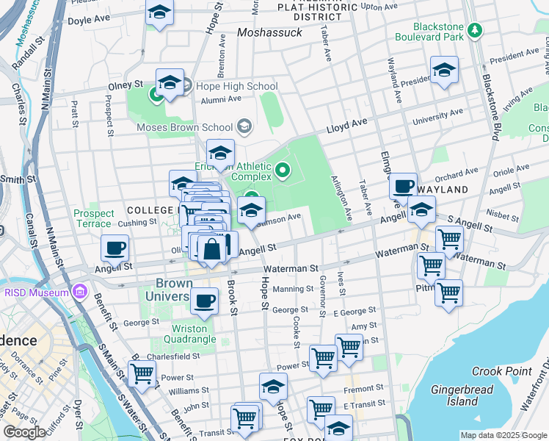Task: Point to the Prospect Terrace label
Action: click(x=93, y=218)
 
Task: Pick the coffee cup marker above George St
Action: click(x=205, y=300)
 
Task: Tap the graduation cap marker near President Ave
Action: click(x=444, y=70)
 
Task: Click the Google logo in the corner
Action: click(x=24, y=432)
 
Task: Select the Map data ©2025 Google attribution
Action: click(x=503, y=435)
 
